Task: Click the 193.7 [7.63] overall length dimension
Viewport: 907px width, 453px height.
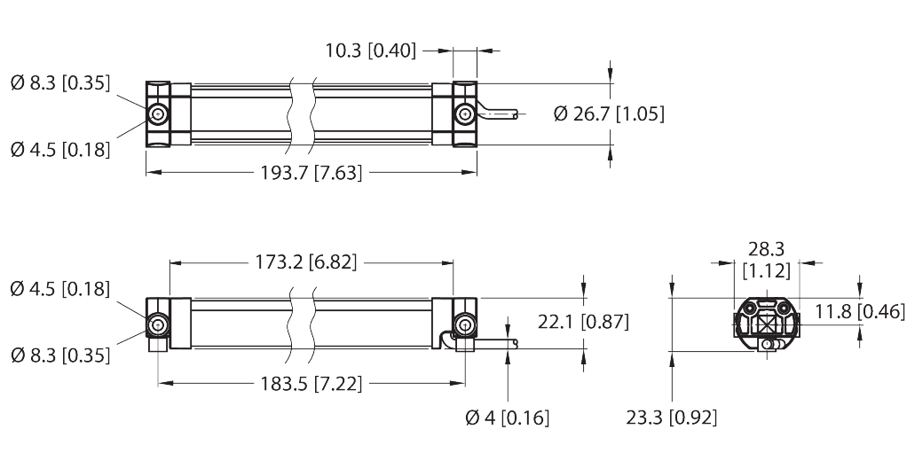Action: (310, 173)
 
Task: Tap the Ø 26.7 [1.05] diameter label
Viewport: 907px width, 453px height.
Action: (608, 113)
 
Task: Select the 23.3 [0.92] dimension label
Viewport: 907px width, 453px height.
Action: (672, 417)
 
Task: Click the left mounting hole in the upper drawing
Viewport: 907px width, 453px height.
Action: (158, 114)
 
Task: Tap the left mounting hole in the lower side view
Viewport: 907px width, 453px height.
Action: (158, 324)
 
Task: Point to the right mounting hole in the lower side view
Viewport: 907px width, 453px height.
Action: (462, 324)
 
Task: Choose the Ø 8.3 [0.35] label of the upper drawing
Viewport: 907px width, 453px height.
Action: (59, 84)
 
